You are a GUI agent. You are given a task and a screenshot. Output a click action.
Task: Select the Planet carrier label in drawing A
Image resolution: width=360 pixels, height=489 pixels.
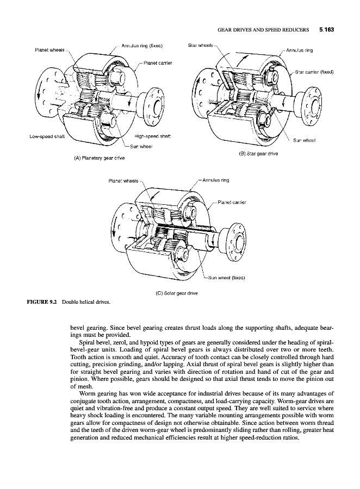point(158,62)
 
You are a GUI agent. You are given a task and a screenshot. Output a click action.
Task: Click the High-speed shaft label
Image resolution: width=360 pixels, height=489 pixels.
point(151,136)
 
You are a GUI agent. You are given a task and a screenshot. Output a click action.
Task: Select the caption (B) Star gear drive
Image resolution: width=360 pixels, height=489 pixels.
point(258,153)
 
